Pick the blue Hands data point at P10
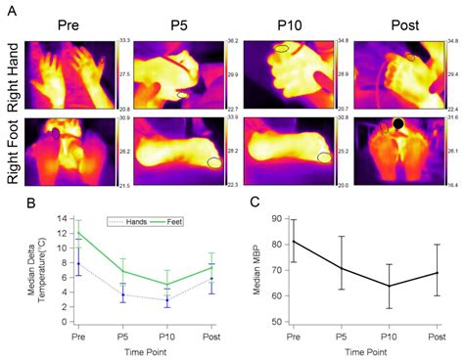(x=166, y=300)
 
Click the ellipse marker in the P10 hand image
(x=281, y=47)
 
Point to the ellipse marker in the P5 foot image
(x=213, y=162)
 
